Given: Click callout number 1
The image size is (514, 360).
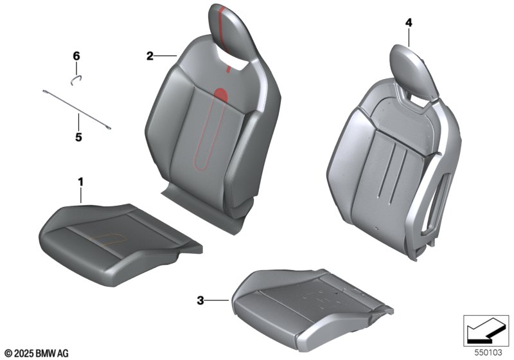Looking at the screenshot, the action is click(x=80, y=182).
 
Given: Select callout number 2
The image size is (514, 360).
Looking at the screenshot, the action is click(x=150, y=57).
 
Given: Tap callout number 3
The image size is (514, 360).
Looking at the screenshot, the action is click(x=200, y=300).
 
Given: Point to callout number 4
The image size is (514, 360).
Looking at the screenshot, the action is click(x=409, y=22).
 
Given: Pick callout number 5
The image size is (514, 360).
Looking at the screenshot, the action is click(x=78, y=137).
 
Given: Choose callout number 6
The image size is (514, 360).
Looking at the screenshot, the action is click(x=76, y=56).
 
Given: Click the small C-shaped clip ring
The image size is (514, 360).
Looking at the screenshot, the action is click(x=76, y=79).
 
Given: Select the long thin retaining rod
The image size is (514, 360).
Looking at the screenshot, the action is click(x=76, y=109).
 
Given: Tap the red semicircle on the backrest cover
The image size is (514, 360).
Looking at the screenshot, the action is click(x=221, y=94).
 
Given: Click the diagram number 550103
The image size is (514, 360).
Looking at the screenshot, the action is click(x=488, y=352).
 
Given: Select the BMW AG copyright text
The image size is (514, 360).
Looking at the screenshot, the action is click(x=37, y=354).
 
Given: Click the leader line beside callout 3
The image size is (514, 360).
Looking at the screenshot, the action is click(x=217, y=300).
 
